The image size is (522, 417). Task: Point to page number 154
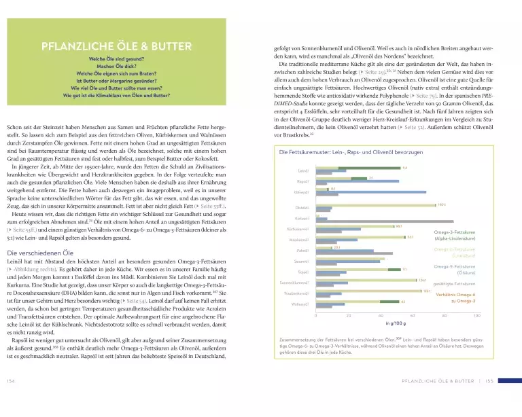[11, 401]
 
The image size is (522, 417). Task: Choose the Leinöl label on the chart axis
[304, 170]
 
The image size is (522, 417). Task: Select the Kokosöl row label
[303, 219]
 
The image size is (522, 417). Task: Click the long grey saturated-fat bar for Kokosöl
[385, 221]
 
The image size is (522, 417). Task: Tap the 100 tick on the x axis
[477, 316]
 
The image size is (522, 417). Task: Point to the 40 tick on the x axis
[381, 316]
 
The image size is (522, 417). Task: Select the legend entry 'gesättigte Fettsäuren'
[453, 282]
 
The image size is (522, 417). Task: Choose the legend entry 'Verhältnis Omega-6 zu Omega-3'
[455, 297]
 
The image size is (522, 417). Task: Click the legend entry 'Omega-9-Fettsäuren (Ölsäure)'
[455, 270]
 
